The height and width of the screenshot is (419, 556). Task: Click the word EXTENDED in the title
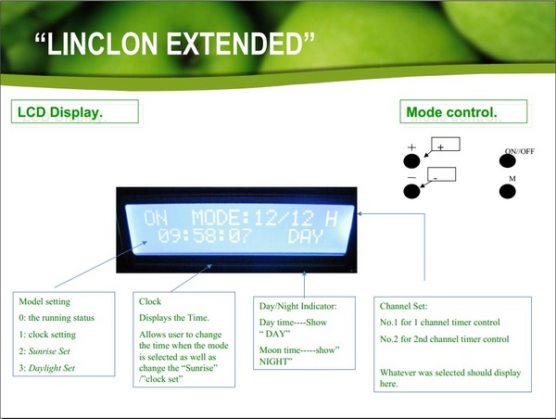[x=234, y=44]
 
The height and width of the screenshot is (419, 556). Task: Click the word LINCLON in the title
[x=102, y=44]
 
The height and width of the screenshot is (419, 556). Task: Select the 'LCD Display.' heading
[x=60, y=112]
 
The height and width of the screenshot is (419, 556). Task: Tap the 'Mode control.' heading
[x=451, y=112]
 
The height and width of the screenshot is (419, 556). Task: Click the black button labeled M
[x=508, y=192]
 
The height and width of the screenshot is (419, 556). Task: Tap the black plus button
[x=411, y=160]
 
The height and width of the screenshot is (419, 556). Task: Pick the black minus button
[x=411, y=192]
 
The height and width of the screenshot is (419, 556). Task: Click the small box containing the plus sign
[x=446, y=144]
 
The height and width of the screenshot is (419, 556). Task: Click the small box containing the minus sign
[x=441, y=174]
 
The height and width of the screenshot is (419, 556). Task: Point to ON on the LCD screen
[x=156, y=218]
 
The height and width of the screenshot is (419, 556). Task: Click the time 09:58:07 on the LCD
[x=205, y=235]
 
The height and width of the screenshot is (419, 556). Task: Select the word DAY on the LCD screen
[x=305, y=236]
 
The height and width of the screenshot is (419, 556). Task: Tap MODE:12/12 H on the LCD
[x=264, y=218]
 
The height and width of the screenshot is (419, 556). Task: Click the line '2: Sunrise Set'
[x=44, y=351]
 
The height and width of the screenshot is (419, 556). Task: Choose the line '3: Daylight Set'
[x=47, y=368]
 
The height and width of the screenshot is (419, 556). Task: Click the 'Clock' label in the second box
[x=150, y=301]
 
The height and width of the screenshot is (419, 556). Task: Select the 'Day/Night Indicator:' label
[x=297, y=306]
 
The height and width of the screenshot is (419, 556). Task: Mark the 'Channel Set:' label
[x=403, y=306]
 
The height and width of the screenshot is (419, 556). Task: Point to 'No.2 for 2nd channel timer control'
[x=444, y=339]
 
